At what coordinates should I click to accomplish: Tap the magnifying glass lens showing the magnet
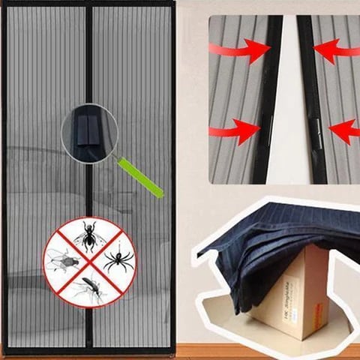(89, 133)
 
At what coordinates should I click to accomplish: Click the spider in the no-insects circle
(118, 259)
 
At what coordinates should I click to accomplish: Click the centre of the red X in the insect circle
(90, 262)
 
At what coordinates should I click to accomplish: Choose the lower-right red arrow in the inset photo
(345, 131)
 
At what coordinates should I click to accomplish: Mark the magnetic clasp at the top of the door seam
(88, 10)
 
